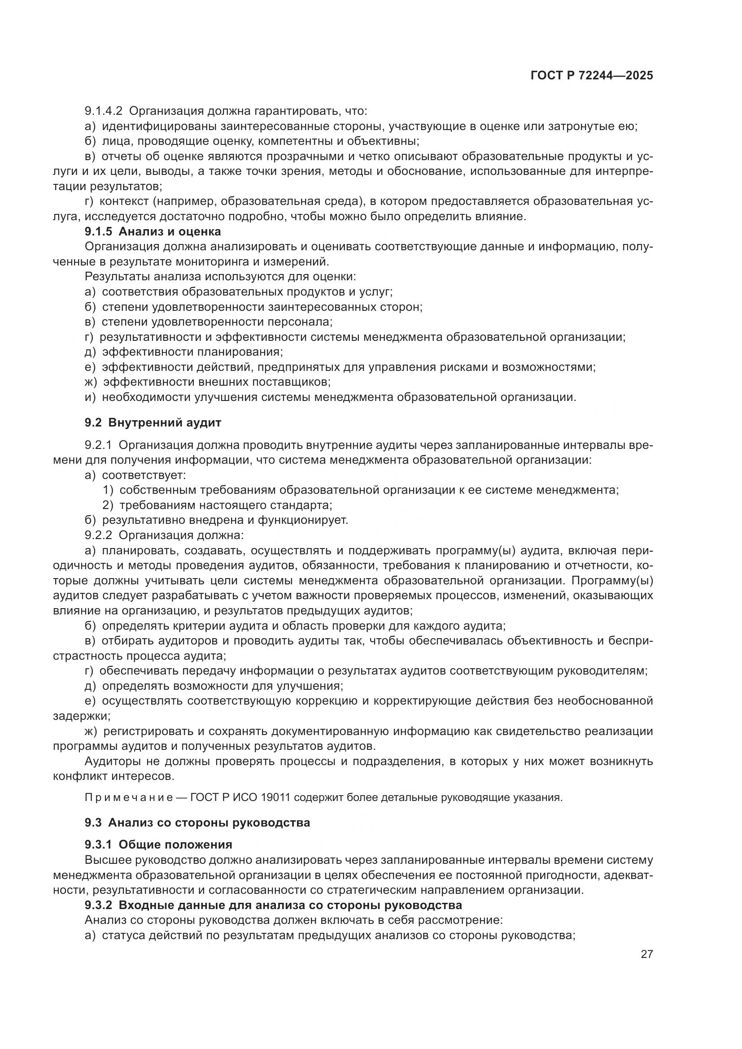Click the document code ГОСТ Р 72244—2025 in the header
coord(591,76)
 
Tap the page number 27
coord(646,954)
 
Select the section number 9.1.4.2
coord(103,111)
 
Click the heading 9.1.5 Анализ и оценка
coord(153,231)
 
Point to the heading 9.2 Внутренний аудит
coord(153,422)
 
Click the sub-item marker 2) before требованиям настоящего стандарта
coord(108,505)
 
